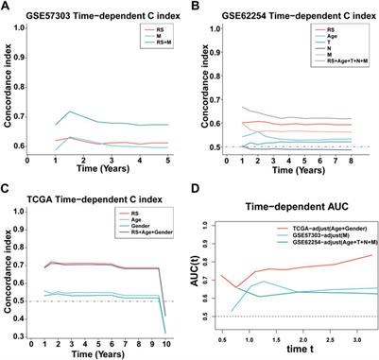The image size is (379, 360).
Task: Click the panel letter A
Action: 7,7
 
